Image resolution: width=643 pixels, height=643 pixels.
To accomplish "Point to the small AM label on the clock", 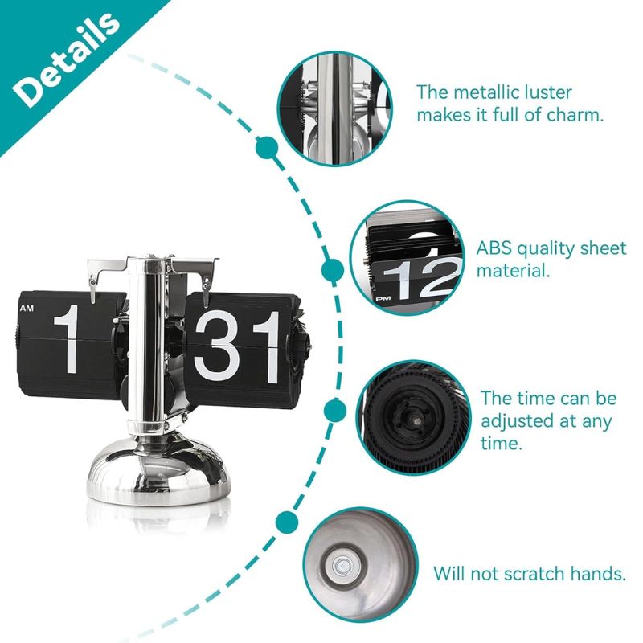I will pos(27,308).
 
